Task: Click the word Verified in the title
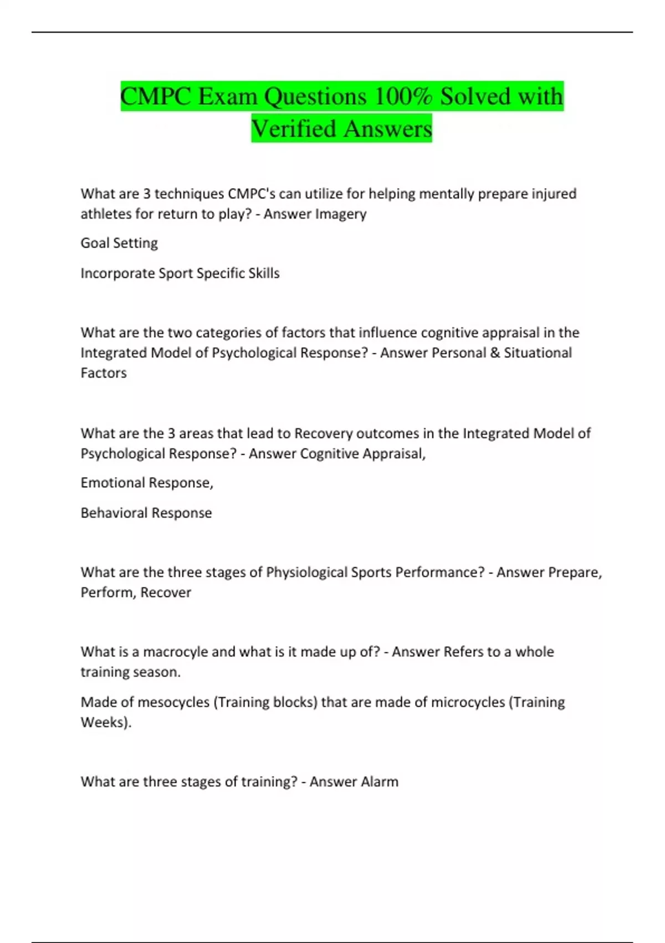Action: [x=293, y=129]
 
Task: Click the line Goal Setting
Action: [x=119, y=243]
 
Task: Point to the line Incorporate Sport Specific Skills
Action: [x=180, y=273]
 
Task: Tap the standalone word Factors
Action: [x=104, y=373]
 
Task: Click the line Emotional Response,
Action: [x=147, y=483]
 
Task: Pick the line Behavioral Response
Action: [x=146, y=513]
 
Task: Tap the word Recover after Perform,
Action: [x=166, y=592]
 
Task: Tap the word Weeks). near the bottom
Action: [x=106, y=722]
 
